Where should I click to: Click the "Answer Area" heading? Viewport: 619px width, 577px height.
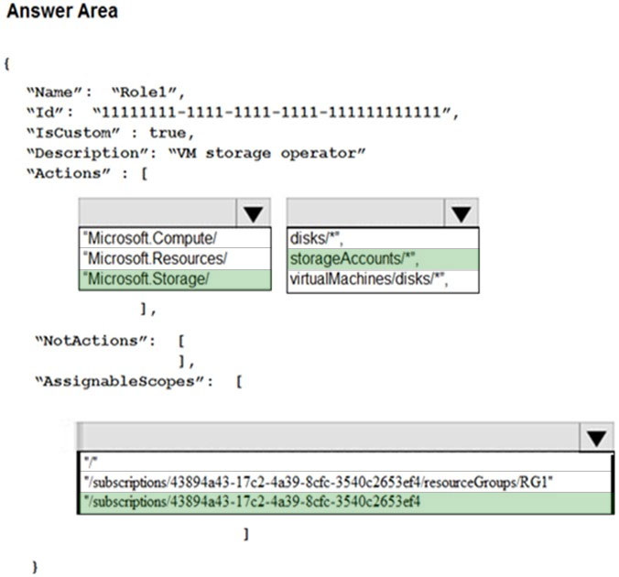point(62,11)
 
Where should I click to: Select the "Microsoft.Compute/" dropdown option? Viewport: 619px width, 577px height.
point(149,238)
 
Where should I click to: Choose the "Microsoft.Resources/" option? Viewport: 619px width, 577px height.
point(155,258)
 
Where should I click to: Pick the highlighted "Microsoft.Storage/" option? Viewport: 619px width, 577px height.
point(146,279)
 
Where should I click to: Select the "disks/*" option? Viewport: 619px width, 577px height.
point(316,238)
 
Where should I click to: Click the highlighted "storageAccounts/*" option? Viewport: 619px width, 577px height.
point(354,259)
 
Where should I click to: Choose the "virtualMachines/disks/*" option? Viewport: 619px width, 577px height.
point(369,279)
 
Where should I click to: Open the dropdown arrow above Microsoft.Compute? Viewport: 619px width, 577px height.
point(253,213)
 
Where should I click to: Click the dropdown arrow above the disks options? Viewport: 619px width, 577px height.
point(462,213)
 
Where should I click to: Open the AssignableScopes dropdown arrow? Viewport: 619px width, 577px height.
point(596,438)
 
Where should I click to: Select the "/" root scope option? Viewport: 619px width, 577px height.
point(91,462)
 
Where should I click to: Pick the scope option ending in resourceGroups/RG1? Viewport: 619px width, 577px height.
point(318,483)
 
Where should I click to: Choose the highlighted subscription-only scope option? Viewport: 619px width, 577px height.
point(252,502)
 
